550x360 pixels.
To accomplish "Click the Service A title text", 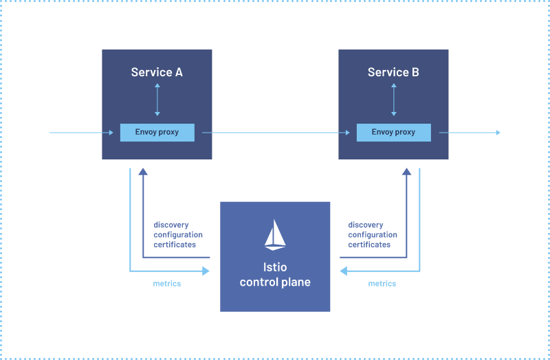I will (157, 72).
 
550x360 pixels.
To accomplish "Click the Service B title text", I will (393, 72).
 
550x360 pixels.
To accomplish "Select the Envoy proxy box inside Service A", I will (157, 132).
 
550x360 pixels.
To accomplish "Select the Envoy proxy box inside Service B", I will (393, 132).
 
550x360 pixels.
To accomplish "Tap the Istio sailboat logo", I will (275, 234).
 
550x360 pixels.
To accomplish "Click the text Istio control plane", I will (275, 275).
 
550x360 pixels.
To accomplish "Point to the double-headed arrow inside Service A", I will (157, 100).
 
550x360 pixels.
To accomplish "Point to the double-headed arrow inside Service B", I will (394, 100).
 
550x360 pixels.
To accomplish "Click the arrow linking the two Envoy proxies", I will (275, 133).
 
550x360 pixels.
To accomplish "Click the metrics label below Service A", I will (167, 283).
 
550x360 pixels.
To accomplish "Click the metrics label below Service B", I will (382, 283).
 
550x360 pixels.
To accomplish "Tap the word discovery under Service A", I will (171, 225).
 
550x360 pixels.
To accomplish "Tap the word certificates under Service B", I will (370, 245).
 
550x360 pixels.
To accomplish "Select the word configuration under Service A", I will (178, 235).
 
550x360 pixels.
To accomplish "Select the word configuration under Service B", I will (373, 235).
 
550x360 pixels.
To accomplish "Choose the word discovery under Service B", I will (366, 225).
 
